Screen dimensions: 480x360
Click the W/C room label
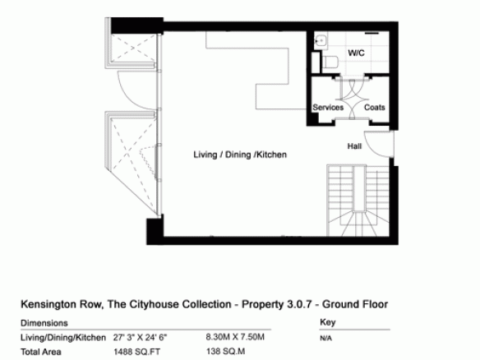357,53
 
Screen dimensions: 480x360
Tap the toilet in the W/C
330,62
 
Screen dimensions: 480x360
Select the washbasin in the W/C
321,40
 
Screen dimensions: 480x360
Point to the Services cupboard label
328,108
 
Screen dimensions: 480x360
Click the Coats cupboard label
375,108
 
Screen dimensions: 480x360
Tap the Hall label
354,146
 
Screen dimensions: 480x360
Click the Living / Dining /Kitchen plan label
240,155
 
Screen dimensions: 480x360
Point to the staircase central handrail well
360,188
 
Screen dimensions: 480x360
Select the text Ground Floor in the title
355,304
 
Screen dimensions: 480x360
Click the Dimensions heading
44,323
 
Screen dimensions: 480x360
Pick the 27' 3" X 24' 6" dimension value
140,338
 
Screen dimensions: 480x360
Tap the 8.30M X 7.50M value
235,337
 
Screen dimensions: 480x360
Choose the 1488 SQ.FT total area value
136,352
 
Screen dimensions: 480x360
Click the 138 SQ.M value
225,352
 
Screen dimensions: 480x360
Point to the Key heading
328,322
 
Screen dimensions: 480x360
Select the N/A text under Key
325,339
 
